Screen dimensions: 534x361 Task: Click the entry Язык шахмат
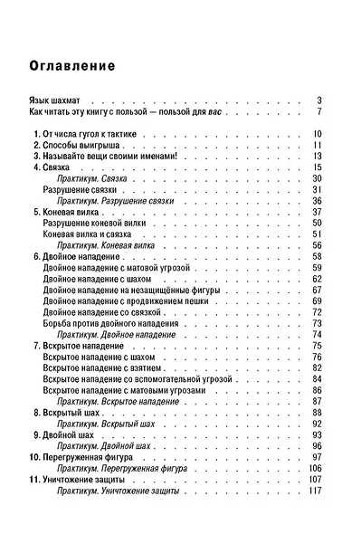57,100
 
